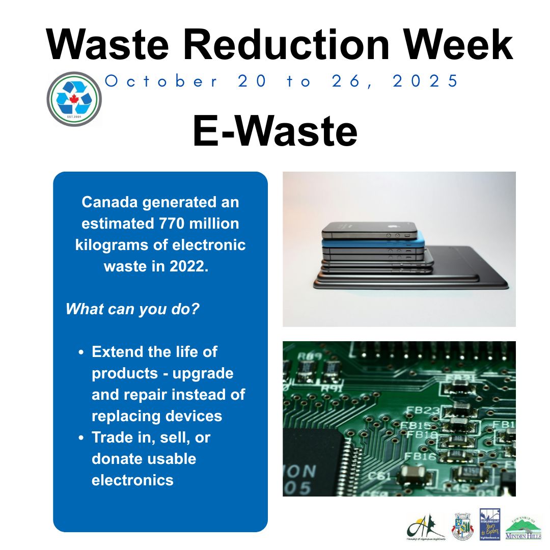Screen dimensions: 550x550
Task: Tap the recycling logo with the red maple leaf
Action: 74,98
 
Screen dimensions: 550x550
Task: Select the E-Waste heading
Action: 275,131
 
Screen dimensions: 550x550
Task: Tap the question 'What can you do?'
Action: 132,309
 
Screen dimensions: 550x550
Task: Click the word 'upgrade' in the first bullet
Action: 203,373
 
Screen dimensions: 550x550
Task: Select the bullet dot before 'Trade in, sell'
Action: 81,438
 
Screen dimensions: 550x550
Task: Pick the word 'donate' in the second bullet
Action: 116,459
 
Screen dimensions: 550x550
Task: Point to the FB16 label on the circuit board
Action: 421,456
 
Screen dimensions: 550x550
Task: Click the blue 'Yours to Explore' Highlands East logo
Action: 489,524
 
